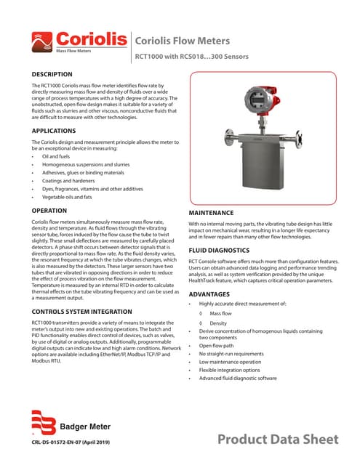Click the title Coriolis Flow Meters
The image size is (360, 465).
point(183,41)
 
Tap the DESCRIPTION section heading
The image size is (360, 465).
point(52,74)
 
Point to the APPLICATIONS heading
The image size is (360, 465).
point(54,131)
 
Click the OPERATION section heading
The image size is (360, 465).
point(50,210)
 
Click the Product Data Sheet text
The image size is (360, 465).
point(279,440)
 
